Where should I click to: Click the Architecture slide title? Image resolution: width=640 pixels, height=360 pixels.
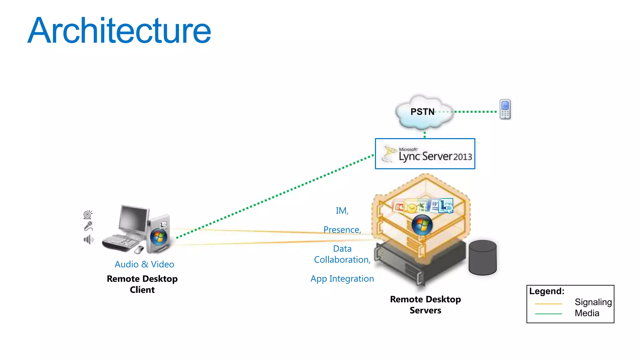pos(119,31)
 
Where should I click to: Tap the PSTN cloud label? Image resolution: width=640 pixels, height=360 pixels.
pos(422,112)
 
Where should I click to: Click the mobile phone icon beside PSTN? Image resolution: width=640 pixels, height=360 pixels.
pos(505,109)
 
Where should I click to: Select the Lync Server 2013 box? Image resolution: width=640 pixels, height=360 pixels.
pos(425,154)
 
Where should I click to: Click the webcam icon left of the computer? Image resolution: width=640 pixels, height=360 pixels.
pos(88,214)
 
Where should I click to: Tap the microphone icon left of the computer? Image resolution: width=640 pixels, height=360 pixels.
pos(88,226)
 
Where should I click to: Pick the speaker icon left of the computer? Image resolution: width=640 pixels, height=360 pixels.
pos(88,240)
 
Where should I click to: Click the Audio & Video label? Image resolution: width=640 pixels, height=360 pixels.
pos(144,264)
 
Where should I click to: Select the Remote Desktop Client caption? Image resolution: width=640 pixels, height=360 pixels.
pos(142,284)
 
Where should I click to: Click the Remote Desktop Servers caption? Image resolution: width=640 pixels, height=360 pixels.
pos(425,305)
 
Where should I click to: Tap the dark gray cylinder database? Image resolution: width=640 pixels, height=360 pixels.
pos(482,258)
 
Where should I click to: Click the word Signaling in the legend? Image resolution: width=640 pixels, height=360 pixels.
pos(593,302)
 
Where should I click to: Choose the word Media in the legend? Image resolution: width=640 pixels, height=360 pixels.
pos(587,313)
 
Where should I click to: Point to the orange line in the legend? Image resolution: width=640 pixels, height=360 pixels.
pos(548,304)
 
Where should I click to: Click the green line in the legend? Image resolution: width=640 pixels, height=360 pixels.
pos(548,314)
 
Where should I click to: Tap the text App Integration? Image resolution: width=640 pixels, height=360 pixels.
pos(342,279)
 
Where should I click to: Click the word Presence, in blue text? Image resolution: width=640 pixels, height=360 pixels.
pos(342,230)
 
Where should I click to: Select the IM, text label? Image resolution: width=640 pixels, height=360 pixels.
pos(342,211)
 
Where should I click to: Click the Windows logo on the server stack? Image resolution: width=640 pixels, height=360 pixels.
pos(422,225)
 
